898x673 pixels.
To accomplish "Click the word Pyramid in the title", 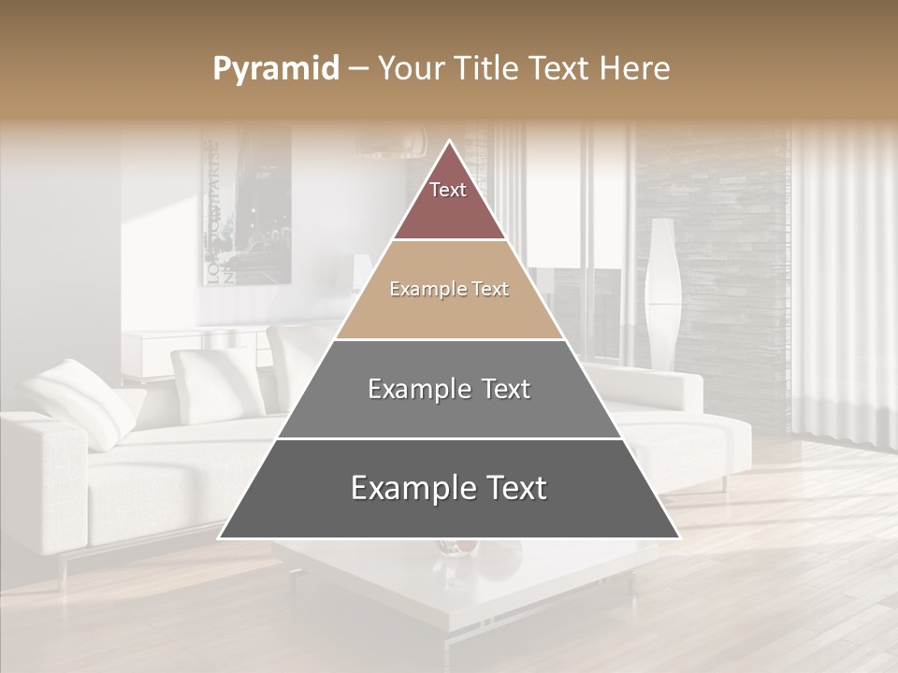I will click(x=276, y=69).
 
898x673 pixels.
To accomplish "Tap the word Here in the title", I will click(x=634, y=68).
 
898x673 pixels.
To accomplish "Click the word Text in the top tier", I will click(x=448, y=190).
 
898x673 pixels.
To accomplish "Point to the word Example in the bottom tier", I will click(x=404, y=488).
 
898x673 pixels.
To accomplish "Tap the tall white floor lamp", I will click(x=662, y=290).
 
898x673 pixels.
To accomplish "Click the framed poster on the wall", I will click(x=247, y=206).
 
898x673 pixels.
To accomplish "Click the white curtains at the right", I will click(x=842, y=280).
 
